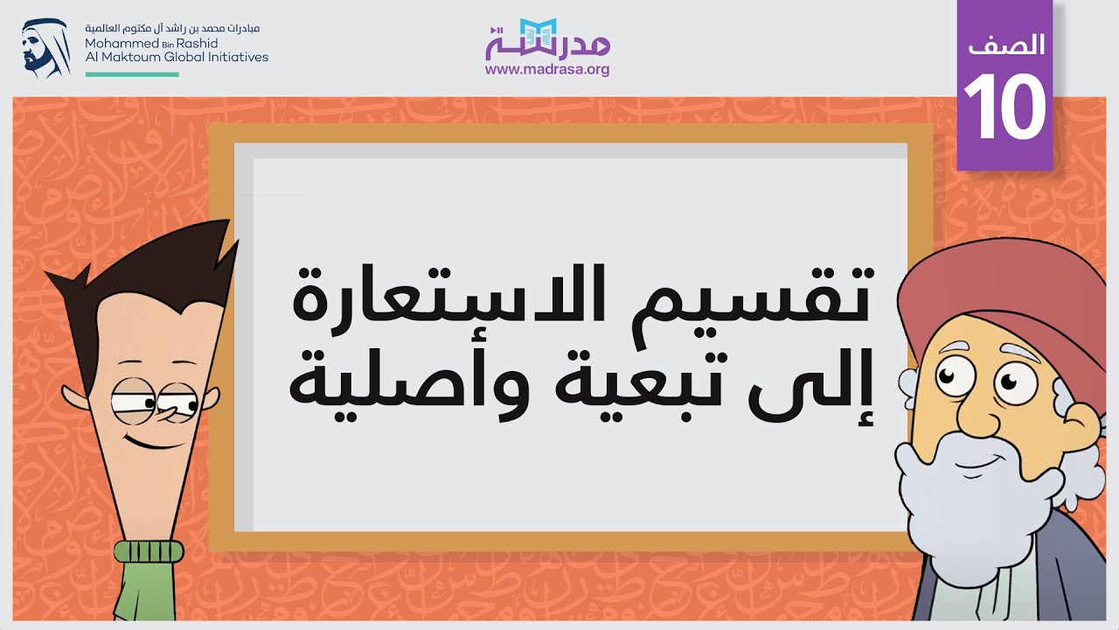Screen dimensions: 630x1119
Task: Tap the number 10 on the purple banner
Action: (x=1004, y=108)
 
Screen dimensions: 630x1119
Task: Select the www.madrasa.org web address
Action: (x=547, y=69)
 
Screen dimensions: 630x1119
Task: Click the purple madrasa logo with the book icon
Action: (x=547, y=38)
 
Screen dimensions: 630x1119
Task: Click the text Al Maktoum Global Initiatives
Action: (x=177, y=57)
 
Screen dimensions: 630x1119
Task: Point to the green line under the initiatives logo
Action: (x=132, y=74)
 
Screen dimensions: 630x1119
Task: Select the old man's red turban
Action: (x=988, y=289)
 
